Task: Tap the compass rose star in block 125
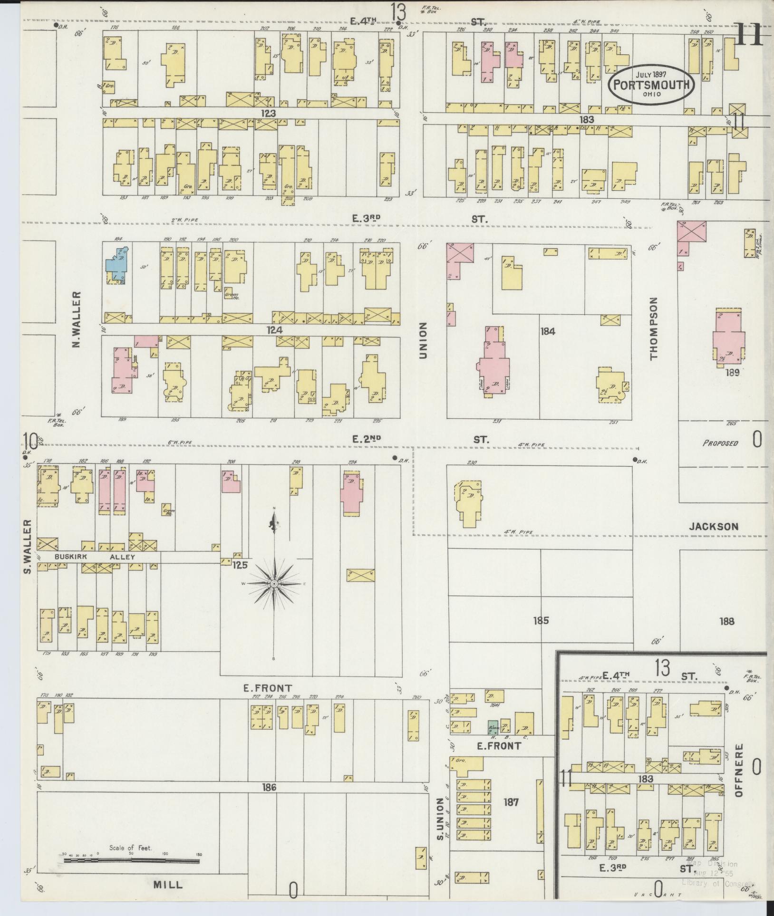point(274,583)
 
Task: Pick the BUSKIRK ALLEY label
point(95,557)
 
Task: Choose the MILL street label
point(167,885)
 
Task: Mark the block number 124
point(274,330)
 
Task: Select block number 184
point(548,331)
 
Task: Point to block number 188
point(727,621)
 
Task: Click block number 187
point(511,802)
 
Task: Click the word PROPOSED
point(720,443)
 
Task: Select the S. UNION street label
point(440,819)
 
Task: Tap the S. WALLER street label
point(28,546)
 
